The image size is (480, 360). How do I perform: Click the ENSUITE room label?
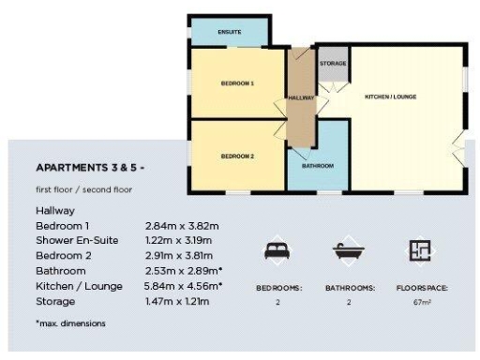pos(230,33)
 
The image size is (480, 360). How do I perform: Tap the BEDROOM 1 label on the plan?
pos(237,84)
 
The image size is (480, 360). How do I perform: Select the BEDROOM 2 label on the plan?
pos(237,155)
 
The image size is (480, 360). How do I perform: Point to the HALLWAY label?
pos(302,97)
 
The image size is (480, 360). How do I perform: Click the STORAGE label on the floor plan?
pos(333,64)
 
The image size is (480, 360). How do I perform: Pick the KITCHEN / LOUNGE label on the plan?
pos(390,97)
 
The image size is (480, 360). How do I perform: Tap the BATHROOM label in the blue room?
pos(317,166)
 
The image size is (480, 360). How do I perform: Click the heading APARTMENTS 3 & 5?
pos(90,169)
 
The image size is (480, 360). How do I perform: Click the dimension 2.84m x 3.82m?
pos(182,226)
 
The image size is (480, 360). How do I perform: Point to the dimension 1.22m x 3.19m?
pos(182,241)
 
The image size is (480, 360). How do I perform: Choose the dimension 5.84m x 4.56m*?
pos(184,286)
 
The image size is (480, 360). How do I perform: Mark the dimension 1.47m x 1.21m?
pos(182,301)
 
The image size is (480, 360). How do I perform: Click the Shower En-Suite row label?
pos(77,241)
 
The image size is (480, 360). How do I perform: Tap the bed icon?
pos(278,250)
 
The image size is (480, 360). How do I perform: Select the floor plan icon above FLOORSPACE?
pos(419,250)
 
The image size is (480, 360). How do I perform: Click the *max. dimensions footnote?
pos(70,323)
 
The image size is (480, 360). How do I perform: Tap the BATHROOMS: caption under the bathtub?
pos(348,289)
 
